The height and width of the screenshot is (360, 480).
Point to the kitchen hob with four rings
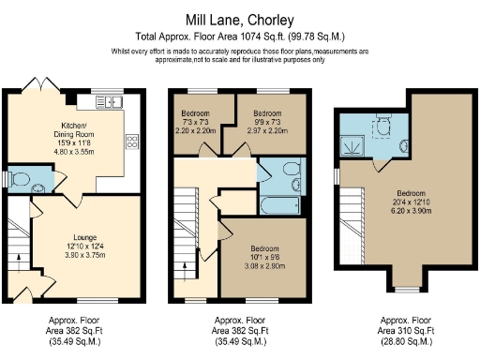131,142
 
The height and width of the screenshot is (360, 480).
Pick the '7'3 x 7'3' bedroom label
196,123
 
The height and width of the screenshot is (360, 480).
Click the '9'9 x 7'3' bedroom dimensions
267,123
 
